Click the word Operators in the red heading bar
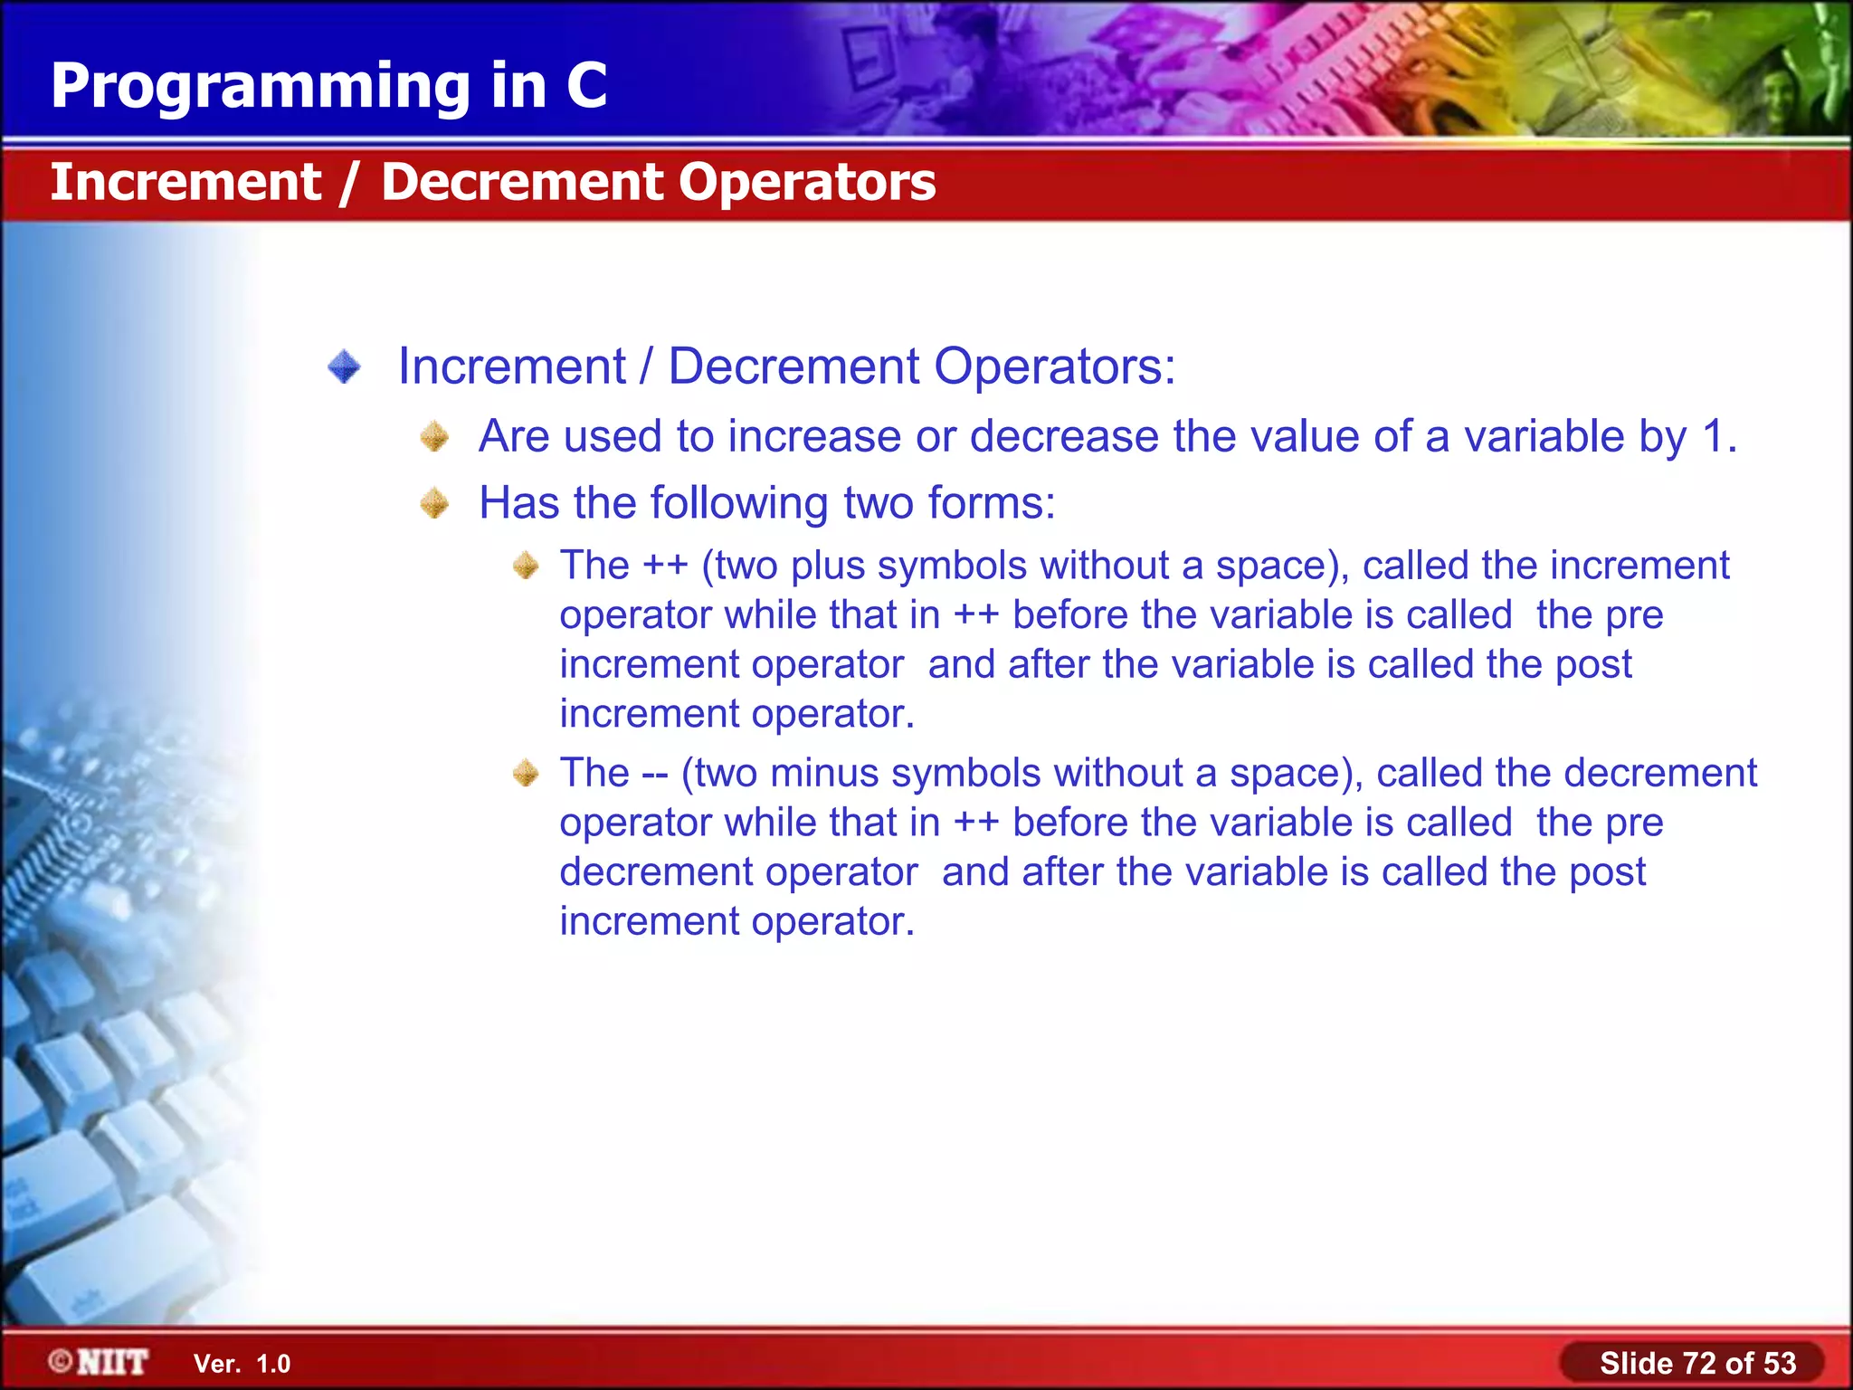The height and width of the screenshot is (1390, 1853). pyautogui.click(x=807, y=182)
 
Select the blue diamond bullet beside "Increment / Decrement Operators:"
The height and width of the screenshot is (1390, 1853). pyautogui.click(x=344, y=367)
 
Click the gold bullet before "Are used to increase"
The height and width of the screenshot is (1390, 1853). pyautogui.click(x=435, y=437)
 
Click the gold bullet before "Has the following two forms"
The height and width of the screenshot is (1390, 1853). pyautogui.click(x=435, y=503)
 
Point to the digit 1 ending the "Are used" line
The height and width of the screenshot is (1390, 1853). pyautogui.click(x=1713, y=436)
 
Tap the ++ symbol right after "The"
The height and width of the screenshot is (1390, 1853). pyautogui.click(x=665, y=566)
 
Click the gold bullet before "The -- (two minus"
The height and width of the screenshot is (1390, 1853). pyautogui.click(x=525, y=774)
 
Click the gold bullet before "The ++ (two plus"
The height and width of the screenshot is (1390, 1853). pyautogui.click(x=525, y=566)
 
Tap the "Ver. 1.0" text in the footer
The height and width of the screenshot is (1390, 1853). pyautogui.click(x=242, y=1364)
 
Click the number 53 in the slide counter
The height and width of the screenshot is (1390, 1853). pyautogui.click(x=1779, y=1363)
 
